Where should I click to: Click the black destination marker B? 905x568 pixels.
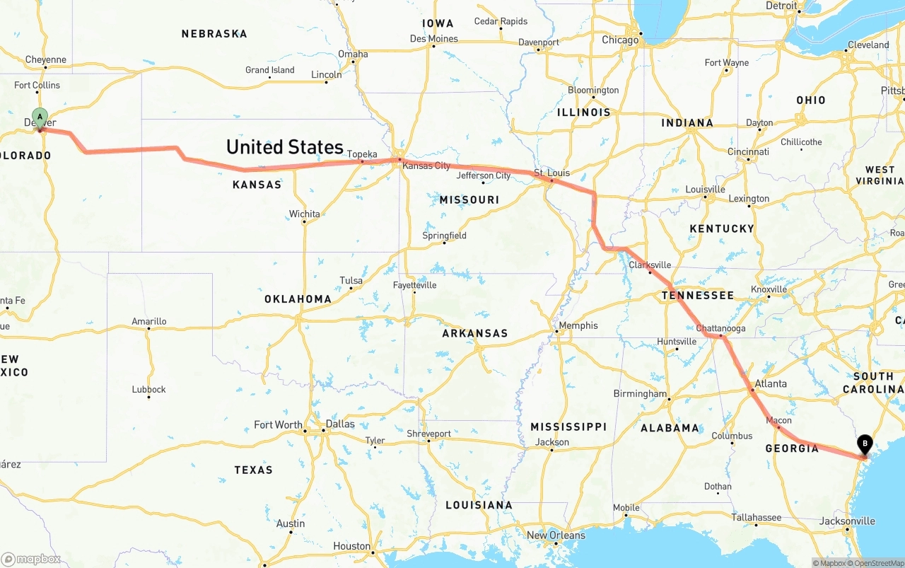pos(864,444)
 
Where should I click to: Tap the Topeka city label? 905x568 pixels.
pos(362,154)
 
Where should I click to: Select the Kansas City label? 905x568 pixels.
pos(426,166)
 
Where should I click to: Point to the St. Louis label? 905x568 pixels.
pos(551,173)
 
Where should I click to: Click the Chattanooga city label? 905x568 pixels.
pos(720,328)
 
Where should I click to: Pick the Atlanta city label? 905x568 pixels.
pos(771,384)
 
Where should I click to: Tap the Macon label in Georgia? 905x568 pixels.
pos(778,421)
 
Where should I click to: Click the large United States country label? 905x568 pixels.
pos(284,147)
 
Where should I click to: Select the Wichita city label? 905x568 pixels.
pos(304,214)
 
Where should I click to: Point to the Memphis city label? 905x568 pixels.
pos(578,325)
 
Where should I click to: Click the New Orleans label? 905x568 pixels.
pos(556,535)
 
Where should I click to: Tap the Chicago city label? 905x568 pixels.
pos(620,40)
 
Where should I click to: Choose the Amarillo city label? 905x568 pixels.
pos(149,321)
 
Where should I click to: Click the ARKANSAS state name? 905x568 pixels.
pos(475,333)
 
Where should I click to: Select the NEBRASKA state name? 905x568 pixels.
pos(214,34)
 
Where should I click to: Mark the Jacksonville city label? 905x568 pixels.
pos(847,521)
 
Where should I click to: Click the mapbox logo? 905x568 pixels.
pos(31,559)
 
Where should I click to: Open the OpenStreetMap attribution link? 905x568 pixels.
pos(876,563)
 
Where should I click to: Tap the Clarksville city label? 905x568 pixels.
pos(650,265)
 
